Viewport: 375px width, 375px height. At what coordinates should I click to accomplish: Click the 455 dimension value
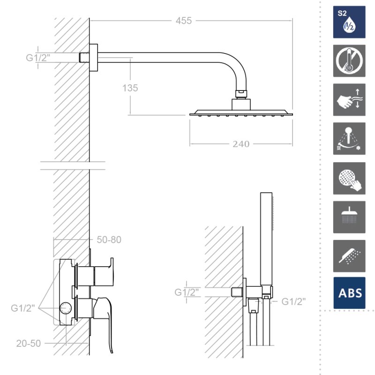(x=184, y=21)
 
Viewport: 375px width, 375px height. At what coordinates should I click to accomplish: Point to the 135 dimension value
(x=130, y=88)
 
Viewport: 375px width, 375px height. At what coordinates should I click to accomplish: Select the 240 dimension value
(x=241, y=144)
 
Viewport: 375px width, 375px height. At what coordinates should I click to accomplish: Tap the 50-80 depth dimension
(x=109, y=240)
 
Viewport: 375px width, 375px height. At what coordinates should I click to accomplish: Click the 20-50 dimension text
(x=29, y=344)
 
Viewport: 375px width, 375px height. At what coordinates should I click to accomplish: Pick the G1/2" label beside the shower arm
(x=38, y=58)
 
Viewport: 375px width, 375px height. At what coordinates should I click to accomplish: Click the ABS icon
(x=349, y=293)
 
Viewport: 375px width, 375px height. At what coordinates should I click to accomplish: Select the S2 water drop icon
(x=349, y=22)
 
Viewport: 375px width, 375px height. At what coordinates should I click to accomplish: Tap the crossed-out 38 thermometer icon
(x=349, y=61)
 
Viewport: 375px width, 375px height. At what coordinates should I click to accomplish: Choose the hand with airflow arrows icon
(x=349, y=100)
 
